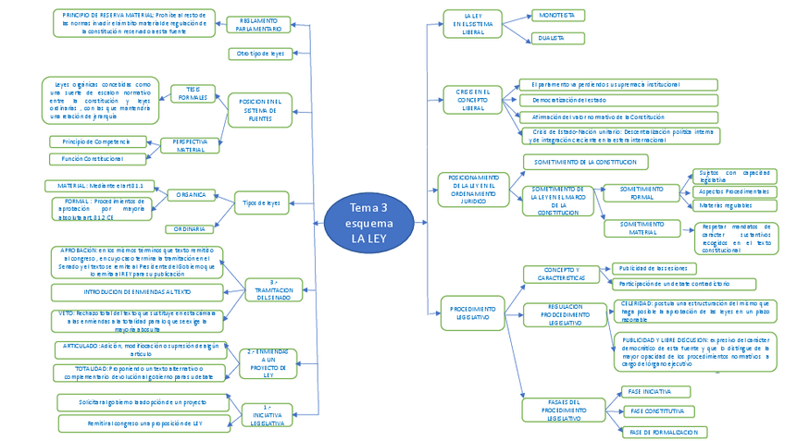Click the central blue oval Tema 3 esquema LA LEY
[x=370, y=223]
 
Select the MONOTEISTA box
[x=558, y=16]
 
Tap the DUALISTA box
[x=558, y=39]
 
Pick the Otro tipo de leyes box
[x=260, y=54]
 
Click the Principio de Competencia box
[x=97, y=141]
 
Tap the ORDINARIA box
[x=191, y=228]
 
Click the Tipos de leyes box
[x=261, y=202]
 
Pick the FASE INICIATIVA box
[x=650, y=392]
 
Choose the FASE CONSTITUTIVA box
[x=656, y=410]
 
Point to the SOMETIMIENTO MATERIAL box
[x=642, y=227]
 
